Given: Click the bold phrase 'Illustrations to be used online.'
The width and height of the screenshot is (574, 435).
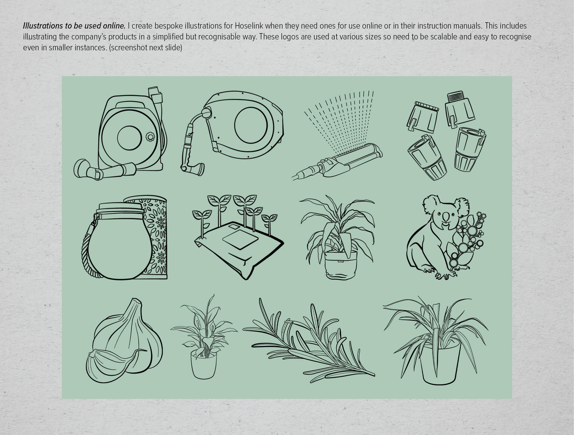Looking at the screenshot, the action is pyautogui.click(x=74, y=26).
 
